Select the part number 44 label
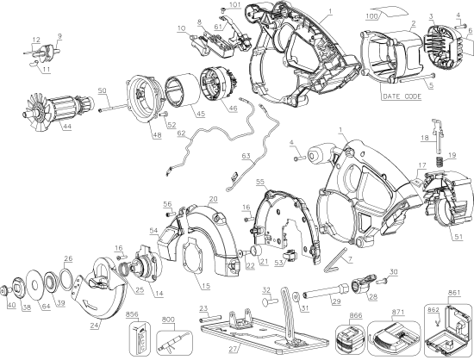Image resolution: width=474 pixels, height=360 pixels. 41,127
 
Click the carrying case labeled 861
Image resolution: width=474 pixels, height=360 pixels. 447,331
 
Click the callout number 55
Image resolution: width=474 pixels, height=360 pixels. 259,183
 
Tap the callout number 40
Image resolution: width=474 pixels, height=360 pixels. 11,304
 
